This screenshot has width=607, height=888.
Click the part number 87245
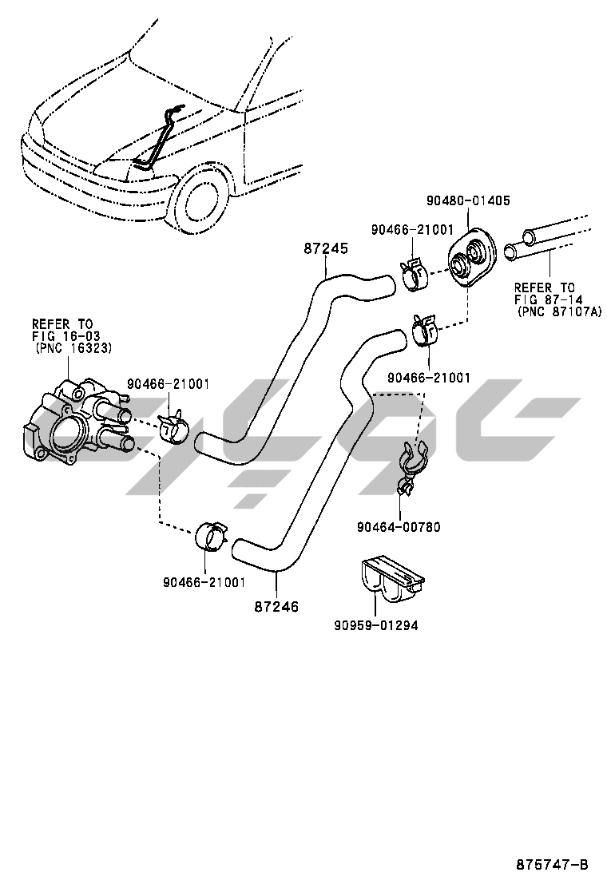click(326, 248)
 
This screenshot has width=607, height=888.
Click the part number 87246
click(276, 607)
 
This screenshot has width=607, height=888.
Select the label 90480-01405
click(468, 200)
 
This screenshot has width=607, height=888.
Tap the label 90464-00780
click(399, 527)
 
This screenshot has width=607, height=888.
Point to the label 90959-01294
click(375, 625)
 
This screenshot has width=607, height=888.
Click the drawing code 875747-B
click(552, 864)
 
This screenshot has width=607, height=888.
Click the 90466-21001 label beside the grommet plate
click(411, 230)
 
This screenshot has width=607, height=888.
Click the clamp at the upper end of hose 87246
click(423, 331)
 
